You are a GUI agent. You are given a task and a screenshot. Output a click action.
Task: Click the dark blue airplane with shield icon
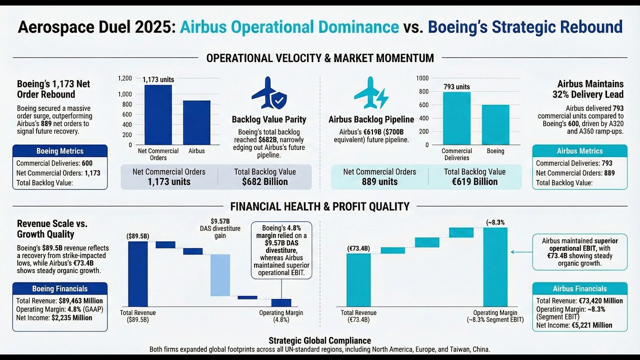point(269,94)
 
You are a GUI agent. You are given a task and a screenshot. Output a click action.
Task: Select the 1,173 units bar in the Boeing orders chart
point(158,114)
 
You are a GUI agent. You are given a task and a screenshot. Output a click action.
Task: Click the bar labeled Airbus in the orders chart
point(196,122)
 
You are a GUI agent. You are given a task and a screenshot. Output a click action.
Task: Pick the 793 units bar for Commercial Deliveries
point(456,118)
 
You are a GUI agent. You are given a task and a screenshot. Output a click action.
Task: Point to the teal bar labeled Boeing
point(495,124)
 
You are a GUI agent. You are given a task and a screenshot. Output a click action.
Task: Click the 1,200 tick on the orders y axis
point(125,78)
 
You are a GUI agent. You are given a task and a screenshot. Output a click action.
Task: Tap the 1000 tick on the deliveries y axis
point(422,78)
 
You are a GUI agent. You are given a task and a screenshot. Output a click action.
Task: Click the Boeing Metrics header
point(60,151)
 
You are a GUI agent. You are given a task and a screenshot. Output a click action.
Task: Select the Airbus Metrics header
point(579,151)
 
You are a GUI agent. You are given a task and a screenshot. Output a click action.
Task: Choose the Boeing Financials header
point(60,288)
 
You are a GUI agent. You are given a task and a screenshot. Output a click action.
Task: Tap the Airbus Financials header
point(579,288)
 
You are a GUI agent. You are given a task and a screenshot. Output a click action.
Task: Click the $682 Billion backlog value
point(264,181)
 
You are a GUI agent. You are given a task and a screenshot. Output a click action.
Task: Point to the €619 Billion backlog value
point(474,181)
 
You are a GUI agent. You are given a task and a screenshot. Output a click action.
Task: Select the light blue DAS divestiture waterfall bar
point(220,274)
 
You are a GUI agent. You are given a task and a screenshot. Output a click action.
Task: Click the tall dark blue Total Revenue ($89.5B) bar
point(138,273)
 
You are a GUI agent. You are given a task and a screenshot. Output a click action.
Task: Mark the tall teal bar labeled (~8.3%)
point(495,267)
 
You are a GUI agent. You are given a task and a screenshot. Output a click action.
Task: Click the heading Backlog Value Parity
point(269,119)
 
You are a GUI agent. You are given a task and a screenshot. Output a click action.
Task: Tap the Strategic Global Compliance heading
point(319,340)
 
